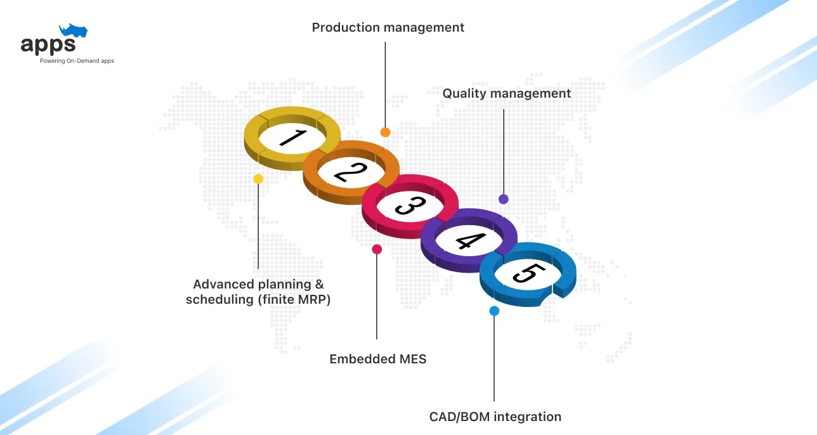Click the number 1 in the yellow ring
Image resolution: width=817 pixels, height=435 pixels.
point(293,138)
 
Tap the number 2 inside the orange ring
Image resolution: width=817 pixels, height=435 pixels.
point(351,172)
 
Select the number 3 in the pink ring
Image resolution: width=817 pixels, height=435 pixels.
point(410,205)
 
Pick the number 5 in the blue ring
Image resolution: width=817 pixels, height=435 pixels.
point(529,273)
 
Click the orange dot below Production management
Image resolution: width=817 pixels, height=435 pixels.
point(385,132)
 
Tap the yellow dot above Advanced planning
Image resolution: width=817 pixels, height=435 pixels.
point(258,179)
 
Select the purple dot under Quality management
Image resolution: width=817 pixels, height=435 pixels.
point(504,199)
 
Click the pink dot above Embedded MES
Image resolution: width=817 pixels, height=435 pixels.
point(377,249)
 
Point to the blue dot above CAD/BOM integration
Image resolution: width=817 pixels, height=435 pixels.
point(494,311)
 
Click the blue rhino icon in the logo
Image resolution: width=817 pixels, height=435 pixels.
point(74,30)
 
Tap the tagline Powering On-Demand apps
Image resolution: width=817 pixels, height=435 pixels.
point(77,61)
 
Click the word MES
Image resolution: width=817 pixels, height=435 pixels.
point(413,359)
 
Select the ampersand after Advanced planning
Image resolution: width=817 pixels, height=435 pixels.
point(319,285)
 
